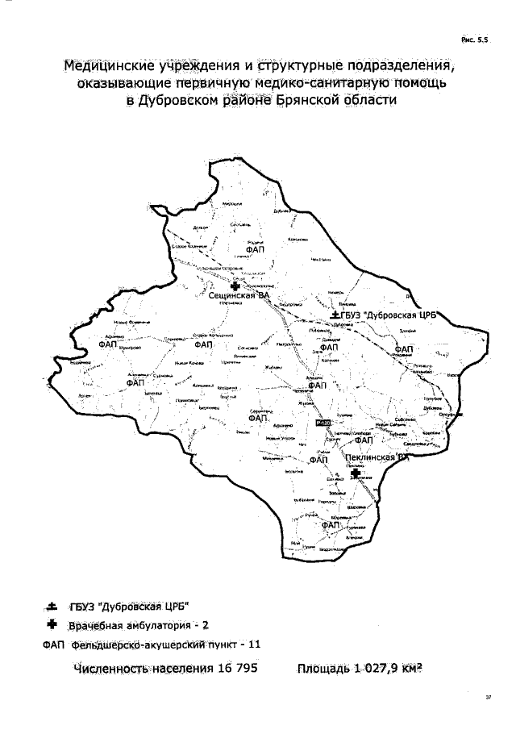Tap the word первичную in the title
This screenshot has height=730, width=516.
click(x=210, y=83)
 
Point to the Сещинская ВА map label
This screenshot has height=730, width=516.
click(x=238, y=297)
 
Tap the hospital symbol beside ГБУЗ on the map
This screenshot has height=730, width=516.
click(x=335, y=314)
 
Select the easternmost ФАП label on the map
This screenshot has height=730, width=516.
click(x=403, y=349)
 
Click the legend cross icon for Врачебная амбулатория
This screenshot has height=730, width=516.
click(x=60, y=624)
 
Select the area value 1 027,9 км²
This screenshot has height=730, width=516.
click(x=394, y=670)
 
